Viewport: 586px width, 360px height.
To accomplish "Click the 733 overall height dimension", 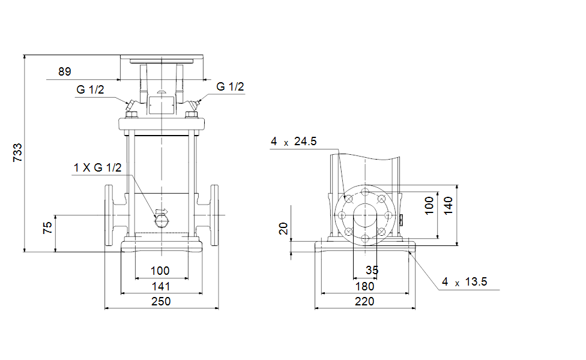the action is pos(17,153).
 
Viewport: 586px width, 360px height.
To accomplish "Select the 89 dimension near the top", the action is pos(65,71).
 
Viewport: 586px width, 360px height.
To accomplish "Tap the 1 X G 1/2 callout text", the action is pos(97,167).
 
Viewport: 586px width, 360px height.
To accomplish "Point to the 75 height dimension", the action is pos(47,228).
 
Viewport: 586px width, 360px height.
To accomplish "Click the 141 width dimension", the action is pos(161,286).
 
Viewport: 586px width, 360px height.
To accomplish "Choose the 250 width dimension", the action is pos(161,301).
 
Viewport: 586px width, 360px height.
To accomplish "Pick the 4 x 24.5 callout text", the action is pos(294,142).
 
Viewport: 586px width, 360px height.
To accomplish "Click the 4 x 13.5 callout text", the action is pos(465,281).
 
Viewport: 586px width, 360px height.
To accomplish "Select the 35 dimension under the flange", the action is pos(372,270).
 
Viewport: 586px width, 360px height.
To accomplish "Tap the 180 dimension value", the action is pos(364,286).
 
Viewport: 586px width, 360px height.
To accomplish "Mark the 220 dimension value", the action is pos(364,301).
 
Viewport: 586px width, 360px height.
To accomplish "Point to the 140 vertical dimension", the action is pos(448,206).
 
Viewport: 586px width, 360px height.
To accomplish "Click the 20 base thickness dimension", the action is pos(283,228).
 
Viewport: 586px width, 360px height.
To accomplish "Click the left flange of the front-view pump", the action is pos(109,215).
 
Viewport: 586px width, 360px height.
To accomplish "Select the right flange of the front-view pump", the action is pos(214,215).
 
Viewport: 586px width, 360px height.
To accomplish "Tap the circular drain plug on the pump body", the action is pos(162,222).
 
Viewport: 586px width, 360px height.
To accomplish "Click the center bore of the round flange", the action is pos(365,215).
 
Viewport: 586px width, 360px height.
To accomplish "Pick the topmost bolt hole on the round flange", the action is pos(365,192).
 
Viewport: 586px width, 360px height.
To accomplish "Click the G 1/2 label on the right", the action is pos(230,86).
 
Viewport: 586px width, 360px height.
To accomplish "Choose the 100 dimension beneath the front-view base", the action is pos(160,271).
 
